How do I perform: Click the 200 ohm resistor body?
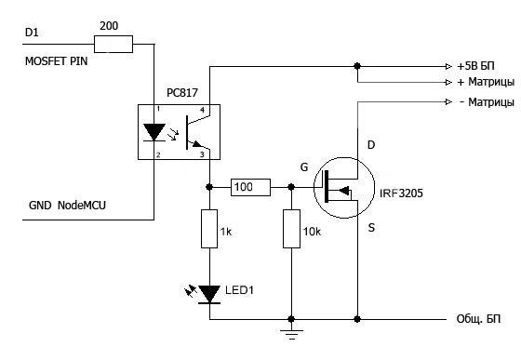click(114, 44)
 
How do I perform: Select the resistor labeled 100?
click(250, 187)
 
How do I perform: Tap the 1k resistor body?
click(209, 229)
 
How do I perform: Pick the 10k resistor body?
click(291, 229)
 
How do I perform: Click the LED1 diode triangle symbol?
click(209, 294)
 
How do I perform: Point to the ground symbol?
click(291, 335)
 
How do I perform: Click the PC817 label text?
click(182, 93)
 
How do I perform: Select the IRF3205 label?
click(401, 193)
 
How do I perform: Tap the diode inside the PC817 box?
click(154, 132)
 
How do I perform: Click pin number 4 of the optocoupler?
click(202, 110)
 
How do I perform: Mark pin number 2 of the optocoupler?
click(158, 154)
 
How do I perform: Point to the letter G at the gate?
click(304, 167)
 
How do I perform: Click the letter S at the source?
click(371, 228)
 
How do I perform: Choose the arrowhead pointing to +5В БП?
click(448, 66)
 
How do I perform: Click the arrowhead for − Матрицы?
click(448, 101)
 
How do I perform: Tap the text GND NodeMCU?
click(67, 206)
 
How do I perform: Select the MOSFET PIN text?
click(56, 61)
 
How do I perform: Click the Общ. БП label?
click(478, 319)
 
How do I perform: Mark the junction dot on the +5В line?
click(357, 66)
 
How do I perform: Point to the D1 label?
click(32, 33)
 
